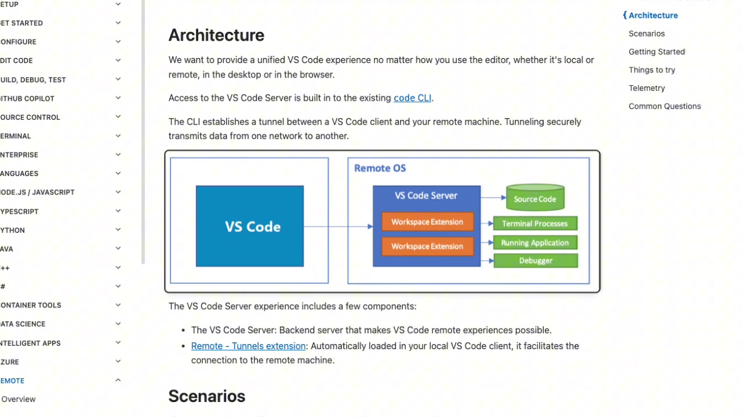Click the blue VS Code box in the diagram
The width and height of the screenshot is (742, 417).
tap(249, 226)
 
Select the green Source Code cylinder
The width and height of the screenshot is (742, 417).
tap(534, 198)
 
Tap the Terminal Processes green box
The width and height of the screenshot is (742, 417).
tap(534, 224)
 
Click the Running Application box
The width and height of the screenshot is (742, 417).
tap(534, 243)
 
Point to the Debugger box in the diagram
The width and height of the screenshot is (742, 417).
tap(535, 261)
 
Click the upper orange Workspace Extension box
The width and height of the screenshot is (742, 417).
tap(427, 222)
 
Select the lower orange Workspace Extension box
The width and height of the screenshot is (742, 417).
tap(427, 246)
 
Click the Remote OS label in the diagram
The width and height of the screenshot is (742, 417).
tap(380, 168)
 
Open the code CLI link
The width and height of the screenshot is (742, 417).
tap(412, 98)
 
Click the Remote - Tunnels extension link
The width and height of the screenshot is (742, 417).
tap(248, 346)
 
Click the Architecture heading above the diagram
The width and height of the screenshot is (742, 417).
tap(216, 35)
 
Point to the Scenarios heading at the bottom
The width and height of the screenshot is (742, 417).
tap(206, 396)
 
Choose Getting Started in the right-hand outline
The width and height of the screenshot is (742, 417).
tap(656, 52)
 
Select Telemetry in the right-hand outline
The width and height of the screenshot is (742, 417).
tap(646, 88)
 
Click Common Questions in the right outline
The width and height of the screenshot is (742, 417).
tap(664, 106)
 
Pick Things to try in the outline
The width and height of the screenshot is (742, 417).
tap(652, 70)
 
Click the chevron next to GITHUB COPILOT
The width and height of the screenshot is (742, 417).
tap(118, 98)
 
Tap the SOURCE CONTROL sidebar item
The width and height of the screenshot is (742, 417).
tap(30, 117)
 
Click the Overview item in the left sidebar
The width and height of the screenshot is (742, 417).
tap(19, 399)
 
